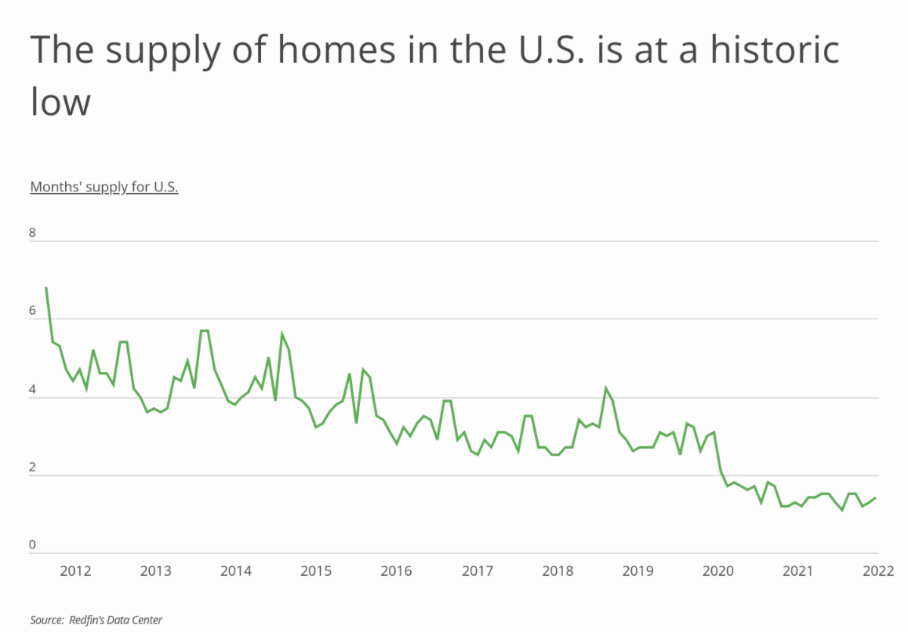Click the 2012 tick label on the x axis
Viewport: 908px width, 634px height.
tap(76, 570)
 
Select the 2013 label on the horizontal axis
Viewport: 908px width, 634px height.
tap(155, 570)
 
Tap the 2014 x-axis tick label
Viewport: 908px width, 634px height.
tap(235, 570)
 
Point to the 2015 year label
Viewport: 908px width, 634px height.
tap(316, 570)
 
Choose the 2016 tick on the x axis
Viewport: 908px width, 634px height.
tap(396, 570)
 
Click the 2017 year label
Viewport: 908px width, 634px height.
tap(476, 570)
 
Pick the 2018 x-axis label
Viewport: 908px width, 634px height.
tap(557, 570)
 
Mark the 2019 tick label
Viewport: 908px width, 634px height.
tap(637, 570)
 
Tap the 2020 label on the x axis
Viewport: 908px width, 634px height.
tap(717, 570)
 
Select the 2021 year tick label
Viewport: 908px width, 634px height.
tap(798, 570)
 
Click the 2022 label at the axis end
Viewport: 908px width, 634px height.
tap(878, 570)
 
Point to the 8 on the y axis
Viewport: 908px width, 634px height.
tap(33, 233)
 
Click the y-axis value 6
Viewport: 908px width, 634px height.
tap(33, 311)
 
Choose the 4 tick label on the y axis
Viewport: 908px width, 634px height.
tap(33, 389)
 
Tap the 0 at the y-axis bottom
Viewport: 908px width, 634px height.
tap(33, 545)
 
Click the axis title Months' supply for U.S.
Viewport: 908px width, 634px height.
tap(104, 188)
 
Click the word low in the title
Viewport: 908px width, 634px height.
tap(61, 102)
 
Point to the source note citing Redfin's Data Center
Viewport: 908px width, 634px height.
tap(96, 620)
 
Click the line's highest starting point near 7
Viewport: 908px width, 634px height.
tap(46, 288)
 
